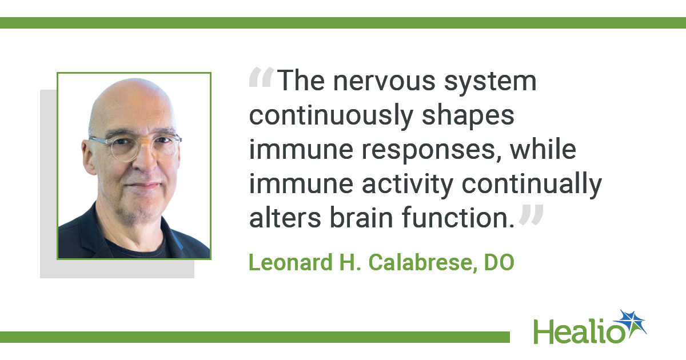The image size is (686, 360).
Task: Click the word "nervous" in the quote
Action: pyautogui.click(x=384, y=81)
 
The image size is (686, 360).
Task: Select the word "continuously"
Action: pyautogui.click(x=331, y=116)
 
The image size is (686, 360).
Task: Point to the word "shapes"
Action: pyautogui.click(x=468, y=117)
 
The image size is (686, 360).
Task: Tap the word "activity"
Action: pyautogui.click(x=407, y=185)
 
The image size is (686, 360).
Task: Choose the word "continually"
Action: pyautogui.click(x=532, y=185)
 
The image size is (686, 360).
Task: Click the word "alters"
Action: pyautogui.click(x=285, y=218)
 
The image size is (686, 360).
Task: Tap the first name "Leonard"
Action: pyautogui.click(x=290, y=262)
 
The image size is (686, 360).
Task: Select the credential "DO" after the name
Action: pyautogui.click(x=499, y=262)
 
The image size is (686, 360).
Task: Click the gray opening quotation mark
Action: pyautogui.click(x=261, y=77)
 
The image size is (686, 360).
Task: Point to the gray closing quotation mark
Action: pyautogui.click(x=531, y=214)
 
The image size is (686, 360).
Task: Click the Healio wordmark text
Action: pyautogui.click(x=579, y=331)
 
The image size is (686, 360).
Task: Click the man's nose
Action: pyautogui.click(x=146, y=161)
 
